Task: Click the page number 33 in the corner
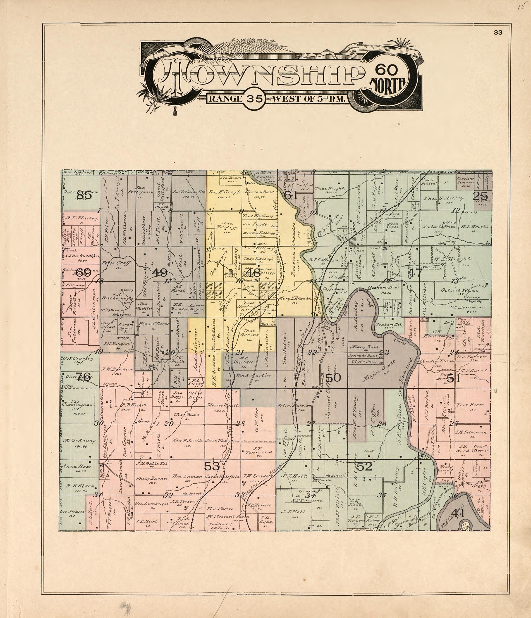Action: click(x=498, y=33)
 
